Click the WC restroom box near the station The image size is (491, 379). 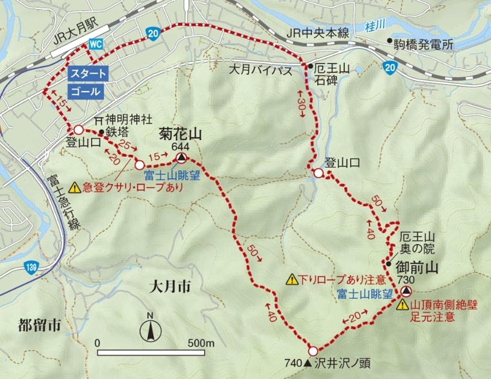coord(95,44)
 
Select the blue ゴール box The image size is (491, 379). coord(86,92)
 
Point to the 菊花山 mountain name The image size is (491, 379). coord(180,134)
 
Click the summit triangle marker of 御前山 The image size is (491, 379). coord(405,291)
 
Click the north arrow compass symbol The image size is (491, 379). coord(150,331)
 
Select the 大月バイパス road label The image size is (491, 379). coord(260,69)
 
